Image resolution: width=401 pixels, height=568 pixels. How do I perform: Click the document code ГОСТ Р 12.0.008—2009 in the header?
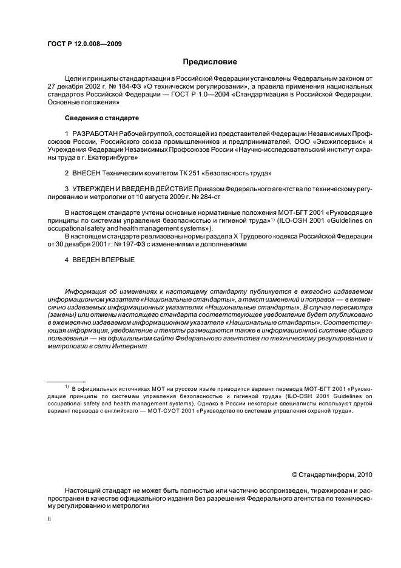[x=84, y=44]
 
